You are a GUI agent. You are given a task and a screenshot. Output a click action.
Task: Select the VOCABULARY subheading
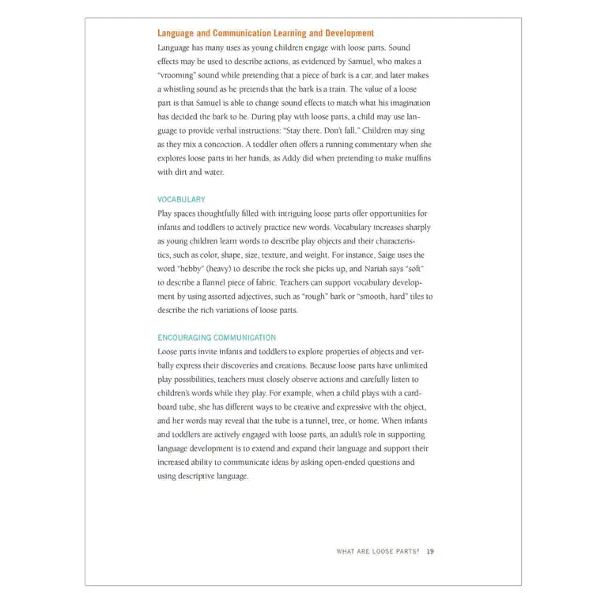[181, 200]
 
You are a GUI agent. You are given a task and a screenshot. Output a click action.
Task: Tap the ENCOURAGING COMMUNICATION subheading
[217, 338]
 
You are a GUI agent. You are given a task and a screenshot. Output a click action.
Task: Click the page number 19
[430, 551]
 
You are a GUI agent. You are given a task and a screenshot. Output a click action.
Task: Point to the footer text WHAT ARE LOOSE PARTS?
[378, 551]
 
